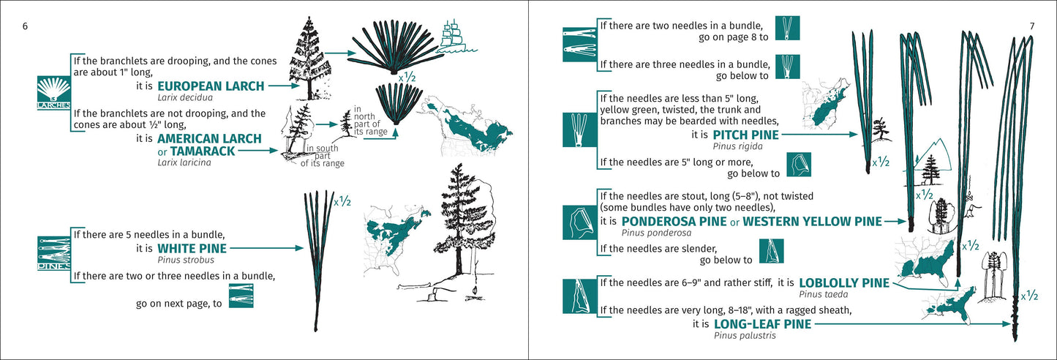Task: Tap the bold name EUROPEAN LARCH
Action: pyautogui.click(x=211, y=86)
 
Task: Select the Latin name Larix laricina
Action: pyautogui.click(x=184, y=162)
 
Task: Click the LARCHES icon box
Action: pyautogui.click(x=53, y=91)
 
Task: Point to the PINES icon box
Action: pyautogui.click(x=53, y=252)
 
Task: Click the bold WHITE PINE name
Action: pyautogui.click(x=192, y=249)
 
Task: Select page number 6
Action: pyautogui.click(x=25, y=26)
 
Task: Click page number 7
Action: pyautogui.click(x=1031, y=26)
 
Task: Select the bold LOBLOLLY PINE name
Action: pyautogui.click(x=844, y=282)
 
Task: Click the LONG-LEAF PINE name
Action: pyautogui.click(x=761, y=324)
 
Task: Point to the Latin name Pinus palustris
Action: pyautogui.click(x=745, y=336)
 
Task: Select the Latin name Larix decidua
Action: pyautogui.click(x=184, y=97)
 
